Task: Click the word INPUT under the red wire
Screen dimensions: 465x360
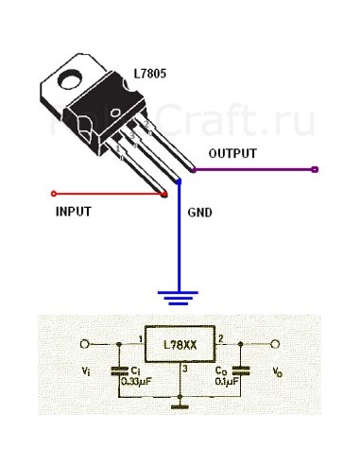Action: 72,212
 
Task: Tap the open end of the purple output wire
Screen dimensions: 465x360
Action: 315,170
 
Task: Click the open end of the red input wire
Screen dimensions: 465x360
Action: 51,197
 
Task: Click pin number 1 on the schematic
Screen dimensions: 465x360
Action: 140,337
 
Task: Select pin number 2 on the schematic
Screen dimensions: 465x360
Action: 220,337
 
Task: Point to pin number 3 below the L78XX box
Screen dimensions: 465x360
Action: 185,370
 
